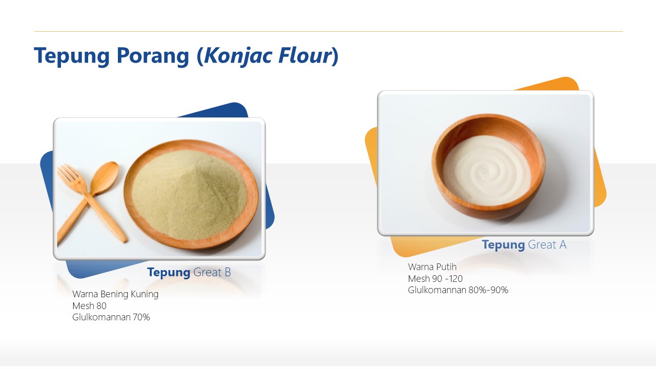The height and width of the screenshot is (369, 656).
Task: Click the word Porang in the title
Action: click(x=153, y=56)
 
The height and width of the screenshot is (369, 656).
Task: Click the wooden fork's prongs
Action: click(x=68, y=174)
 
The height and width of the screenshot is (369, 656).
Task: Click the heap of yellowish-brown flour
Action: click(x=190, y=195)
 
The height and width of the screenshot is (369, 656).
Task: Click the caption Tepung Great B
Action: click(x=189, y=272)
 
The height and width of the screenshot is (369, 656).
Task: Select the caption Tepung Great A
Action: click(x=524, y=244)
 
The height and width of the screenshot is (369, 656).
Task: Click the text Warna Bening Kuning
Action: click(x=115, y=294)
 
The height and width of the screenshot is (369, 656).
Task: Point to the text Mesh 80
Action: click(x=89, y=306)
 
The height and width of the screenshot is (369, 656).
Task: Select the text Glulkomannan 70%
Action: click(x=111, y=317)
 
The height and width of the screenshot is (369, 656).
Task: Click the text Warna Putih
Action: click(x=432, y=266)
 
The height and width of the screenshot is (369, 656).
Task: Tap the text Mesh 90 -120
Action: click(x=435, y=278)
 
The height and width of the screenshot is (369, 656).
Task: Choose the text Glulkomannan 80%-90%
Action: click(x=458, y=290)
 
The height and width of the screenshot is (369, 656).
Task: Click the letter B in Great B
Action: click(x=227, y=272)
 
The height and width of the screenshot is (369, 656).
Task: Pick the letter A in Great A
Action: click(x=562, y=244)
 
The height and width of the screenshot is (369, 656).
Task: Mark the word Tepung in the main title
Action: click(x=72, y=56)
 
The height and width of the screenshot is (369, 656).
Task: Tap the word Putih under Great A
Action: click(x=445, y=266)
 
